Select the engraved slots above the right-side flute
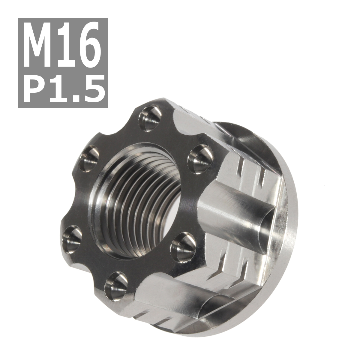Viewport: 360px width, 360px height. tap(252, 171)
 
